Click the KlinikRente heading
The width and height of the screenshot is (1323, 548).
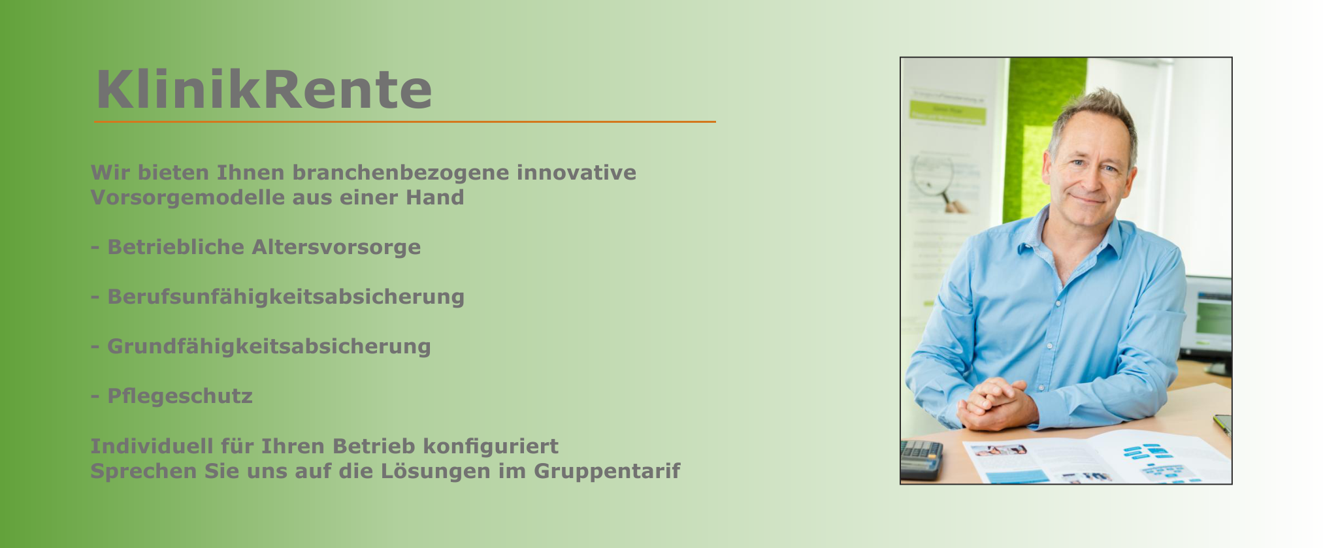(264, 89)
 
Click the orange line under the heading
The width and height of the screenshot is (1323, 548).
(405, 121)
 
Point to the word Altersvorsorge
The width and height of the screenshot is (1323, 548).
(336, 248)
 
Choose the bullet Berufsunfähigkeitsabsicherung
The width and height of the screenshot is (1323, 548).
(278, 297)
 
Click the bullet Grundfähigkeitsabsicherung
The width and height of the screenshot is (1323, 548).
(261, 347)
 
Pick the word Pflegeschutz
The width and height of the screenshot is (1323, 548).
(180, 396)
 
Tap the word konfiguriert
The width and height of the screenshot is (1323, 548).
(491, 446)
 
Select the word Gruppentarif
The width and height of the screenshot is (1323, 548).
(607, 471)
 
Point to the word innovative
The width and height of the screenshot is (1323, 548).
(576, 172)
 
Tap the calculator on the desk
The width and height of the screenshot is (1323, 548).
(921, 459)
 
